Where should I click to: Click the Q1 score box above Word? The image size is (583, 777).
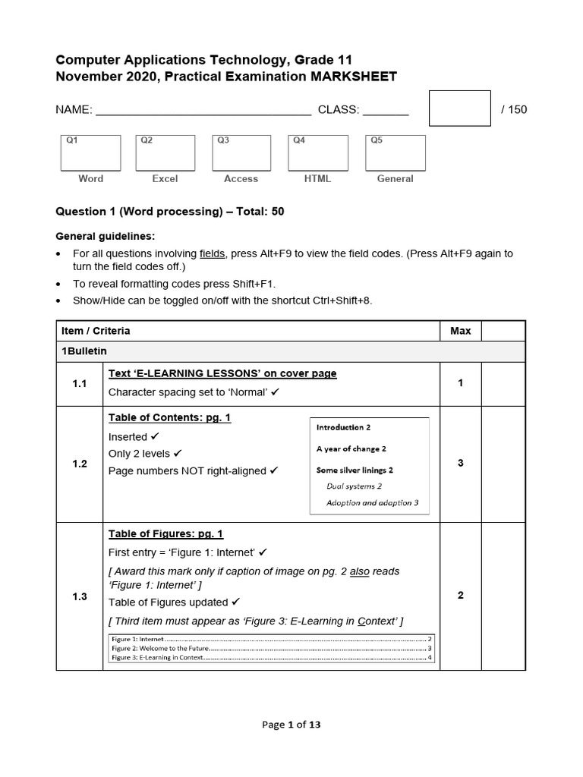point(90,153)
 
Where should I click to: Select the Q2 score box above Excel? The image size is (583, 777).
point(165,153)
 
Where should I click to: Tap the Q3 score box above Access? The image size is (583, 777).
point(241,153)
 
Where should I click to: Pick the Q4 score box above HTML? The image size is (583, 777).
point(318,153)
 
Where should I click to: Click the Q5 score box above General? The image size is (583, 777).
point(395,153)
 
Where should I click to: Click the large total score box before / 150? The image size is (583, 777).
point(459,109)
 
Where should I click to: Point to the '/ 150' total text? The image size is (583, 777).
point(514,110)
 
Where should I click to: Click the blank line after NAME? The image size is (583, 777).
point(203,111)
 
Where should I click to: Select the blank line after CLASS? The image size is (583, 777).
point(386,111)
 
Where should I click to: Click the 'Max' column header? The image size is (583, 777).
point(460,331)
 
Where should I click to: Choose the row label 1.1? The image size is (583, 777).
point(80,384)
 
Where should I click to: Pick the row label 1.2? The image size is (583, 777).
point(80,464)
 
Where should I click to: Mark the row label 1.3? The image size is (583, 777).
point(80,596)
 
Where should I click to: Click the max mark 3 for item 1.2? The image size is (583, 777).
point(460,464)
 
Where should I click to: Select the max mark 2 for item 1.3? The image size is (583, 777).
point(460,596)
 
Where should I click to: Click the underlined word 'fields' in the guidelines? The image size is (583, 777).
point(212,253)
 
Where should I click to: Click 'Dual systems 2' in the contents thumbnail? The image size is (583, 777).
point(354,486)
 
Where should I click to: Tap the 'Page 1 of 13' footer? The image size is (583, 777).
point(291,725)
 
